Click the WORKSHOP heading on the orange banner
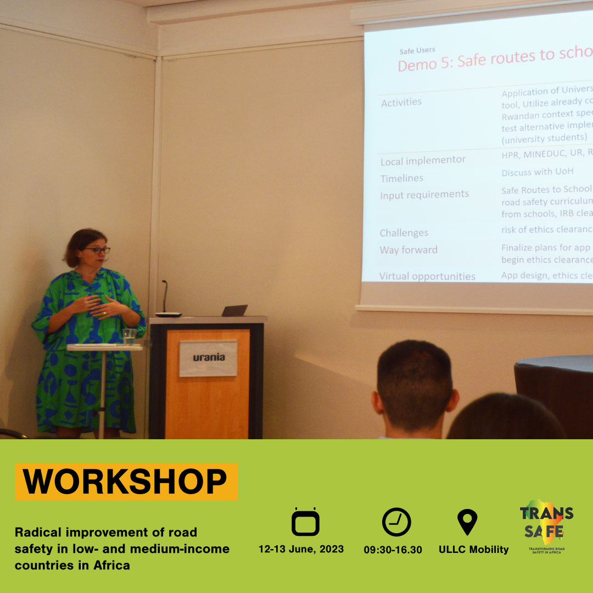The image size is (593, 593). pos(126,482)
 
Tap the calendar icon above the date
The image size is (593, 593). pos(305,522)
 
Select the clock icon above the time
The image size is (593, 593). pos(396,522)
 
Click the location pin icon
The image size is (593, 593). pos(467,522)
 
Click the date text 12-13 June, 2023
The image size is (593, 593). pos(301,549)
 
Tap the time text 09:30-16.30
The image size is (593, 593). pos(393,549)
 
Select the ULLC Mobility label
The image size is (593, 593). pos(473,549)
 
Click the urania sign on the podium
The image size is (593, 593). pos(209,357)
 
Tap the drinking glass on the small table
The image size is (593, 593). pos(129,337)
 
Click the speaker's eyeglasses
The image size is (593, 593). pos(97,250)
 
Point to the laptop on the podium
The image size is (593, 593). pos(234,311)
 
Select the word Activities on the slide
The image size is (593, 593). pos(401,102)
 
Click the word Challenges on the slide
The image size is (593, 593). pos(404,233)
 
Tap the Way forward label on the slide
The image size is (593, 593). pos(409,250)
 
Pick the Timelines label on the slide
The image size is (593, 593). pos(402,178)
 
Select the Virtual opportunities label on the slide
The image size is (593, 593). pos(427,276)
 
